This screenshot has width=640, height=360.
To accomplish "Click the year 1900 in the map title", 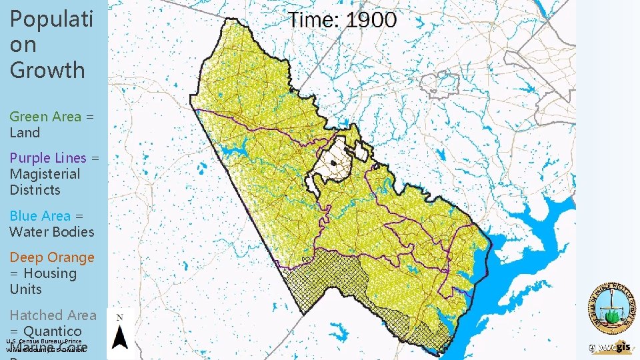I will [371, 20].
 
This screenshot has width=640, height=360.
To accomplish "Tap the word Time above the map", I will [314, 20].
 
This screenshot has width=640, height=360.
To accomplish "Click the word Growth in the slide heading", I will [47, 70].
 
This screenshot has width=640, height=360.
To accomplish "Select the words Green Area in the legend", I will [45, 117].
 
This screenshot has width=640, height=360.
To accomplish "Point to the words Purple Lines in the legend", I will [48, 158].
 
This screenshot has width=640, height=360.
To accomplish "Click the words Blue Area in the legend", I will [40, 216].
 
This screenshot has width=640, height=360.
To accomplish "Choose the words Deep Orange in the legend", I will [52, 257].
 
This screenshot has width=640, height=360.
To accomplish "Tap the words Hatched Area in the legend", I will [53, 315].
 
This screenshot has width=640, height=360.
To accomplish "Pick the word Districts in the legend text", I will [35, 190].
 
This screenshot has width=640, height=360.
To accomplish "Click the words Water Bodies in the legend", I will [52, 232].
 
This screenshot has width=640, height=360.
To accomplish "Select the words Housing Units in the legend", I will [43, 281].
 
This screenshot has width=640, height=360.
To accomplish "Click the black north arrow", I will [119, 338].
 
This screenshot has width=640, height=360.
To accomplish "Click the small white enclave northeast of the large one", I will [363, 152].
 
